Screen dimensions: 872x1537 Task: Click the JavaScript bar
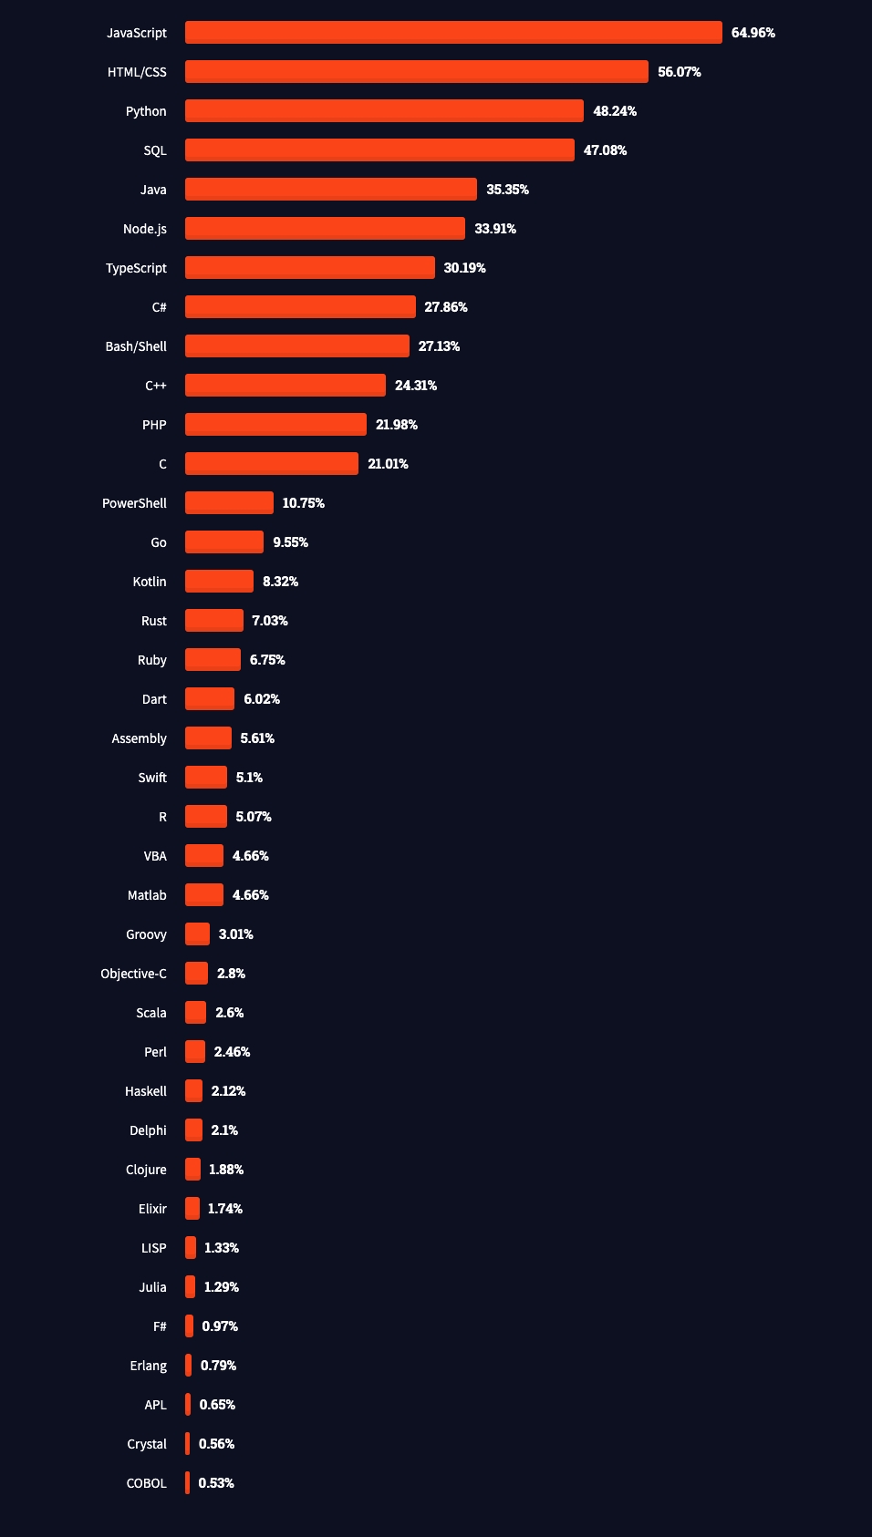453,32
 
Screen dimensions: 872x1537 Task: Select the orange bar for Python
384,110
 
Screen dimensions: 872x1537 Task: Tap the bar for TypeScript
309,268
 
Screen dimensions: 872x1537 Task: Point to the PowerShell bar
229,503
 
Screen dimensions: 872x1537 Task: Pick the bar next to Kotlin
219,582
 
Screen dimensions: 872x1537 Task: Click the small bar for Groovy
197,934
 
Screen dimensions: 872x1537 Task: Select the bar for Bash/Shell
296,346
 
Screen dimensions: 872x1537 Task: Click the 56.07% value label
679,72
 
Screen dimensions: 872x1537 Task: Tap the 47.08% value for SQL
605,150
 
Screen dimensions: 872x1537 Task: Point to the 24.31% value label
415,386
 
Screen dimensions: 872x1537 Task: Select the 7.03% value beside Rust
270,621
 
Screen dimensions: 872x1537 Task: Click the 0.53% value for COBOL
216,1483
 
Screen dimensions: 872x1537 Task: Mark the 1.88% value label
226,1170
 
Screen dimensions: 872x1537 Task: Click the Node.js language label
145,229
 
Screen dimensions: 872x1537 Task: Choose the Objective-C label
133,974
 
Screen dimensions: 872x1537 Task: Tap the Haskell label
146,1091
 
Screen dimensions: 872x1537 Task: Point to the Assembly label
140,739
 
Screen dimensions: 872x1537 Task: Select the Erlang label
149,1367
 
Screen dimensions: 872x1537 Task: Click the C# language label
160,307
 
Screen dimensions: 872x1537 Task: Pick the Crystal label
147,1444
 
